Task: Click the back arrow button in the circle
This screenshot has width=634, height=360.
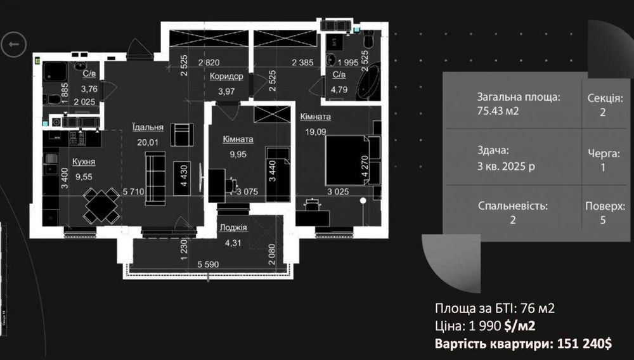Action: pyautogui.click(x=13, y=44)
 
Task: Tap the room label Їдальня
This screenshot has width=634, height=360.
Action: pyautogui.click(x=148, y=127)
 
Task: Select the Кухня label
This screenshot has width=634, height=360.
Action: pyautogui.click(x=84, y=162)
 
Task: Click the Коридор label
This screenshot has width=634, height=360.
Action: pyautogui.click(x=226, y=76)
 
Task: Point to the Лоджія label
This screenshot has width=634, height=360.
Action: pyautogui.click(x=233, y=228)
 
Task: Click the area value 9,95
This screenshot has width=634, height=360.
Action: pyautogui.click(x=238, y=155)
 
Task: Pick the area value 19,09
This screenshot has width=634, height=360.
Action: pyautogui.click(x=315, y=132)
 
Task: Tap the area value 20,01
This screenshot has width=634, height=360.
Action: pyautogui.click(x=148, y=142)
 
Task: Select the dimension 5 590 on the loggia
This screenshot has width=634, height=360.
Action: pyautogui.click(x=208, y=264)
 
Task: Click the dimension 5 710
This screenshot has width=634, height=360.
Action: pyautogui.click(x=133, y=191)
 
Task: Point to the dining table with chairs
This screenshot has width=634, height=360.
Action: pyautogui.click(x=101, y=205)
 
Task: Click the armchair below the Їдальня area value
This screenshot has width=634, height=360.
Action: pyautogui.click(x=181, y=134)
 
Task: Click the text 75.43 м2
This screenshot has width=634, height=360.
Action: pyautogui.click(x=498, y=111)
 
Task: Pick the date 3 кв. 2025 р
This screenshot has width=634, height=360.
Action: pyautogui.click(x=506, y=166)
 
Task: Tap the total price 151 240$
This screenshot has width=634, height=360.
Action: pyautogui.click(x=585, y=344)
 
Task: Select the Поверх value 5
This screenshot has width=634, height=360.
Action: pyautogui.click(x=603, y=220)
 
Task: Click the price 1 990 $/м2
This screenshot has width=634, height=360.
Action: pyautogui.click(x=501, y=326)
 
